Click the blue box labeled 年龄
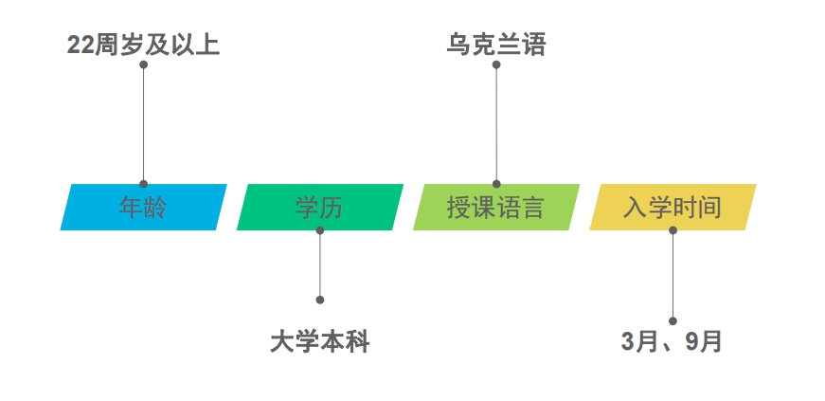144,207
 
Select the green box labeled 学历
320,207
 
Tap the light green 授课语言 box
496,207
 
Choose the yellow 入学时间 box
673,207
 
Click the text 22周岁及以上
143,45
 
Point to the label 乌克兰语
496,45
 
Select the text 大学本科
320,342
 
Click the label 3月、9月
672,342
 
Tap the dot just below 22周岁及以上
143,64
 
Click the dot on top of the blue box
143,184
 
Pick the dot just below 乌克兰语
496,64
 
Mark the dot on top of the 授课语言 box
496,184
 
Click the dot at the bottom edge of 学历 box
320,230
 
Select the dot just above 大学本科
320,300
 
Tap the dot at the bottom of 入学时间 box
673,230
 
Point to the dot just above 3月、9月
673,321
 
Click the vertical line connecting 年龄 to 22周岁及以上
143,124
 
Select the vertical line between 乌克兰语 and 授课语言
496,124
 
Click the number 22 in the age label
81,46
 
